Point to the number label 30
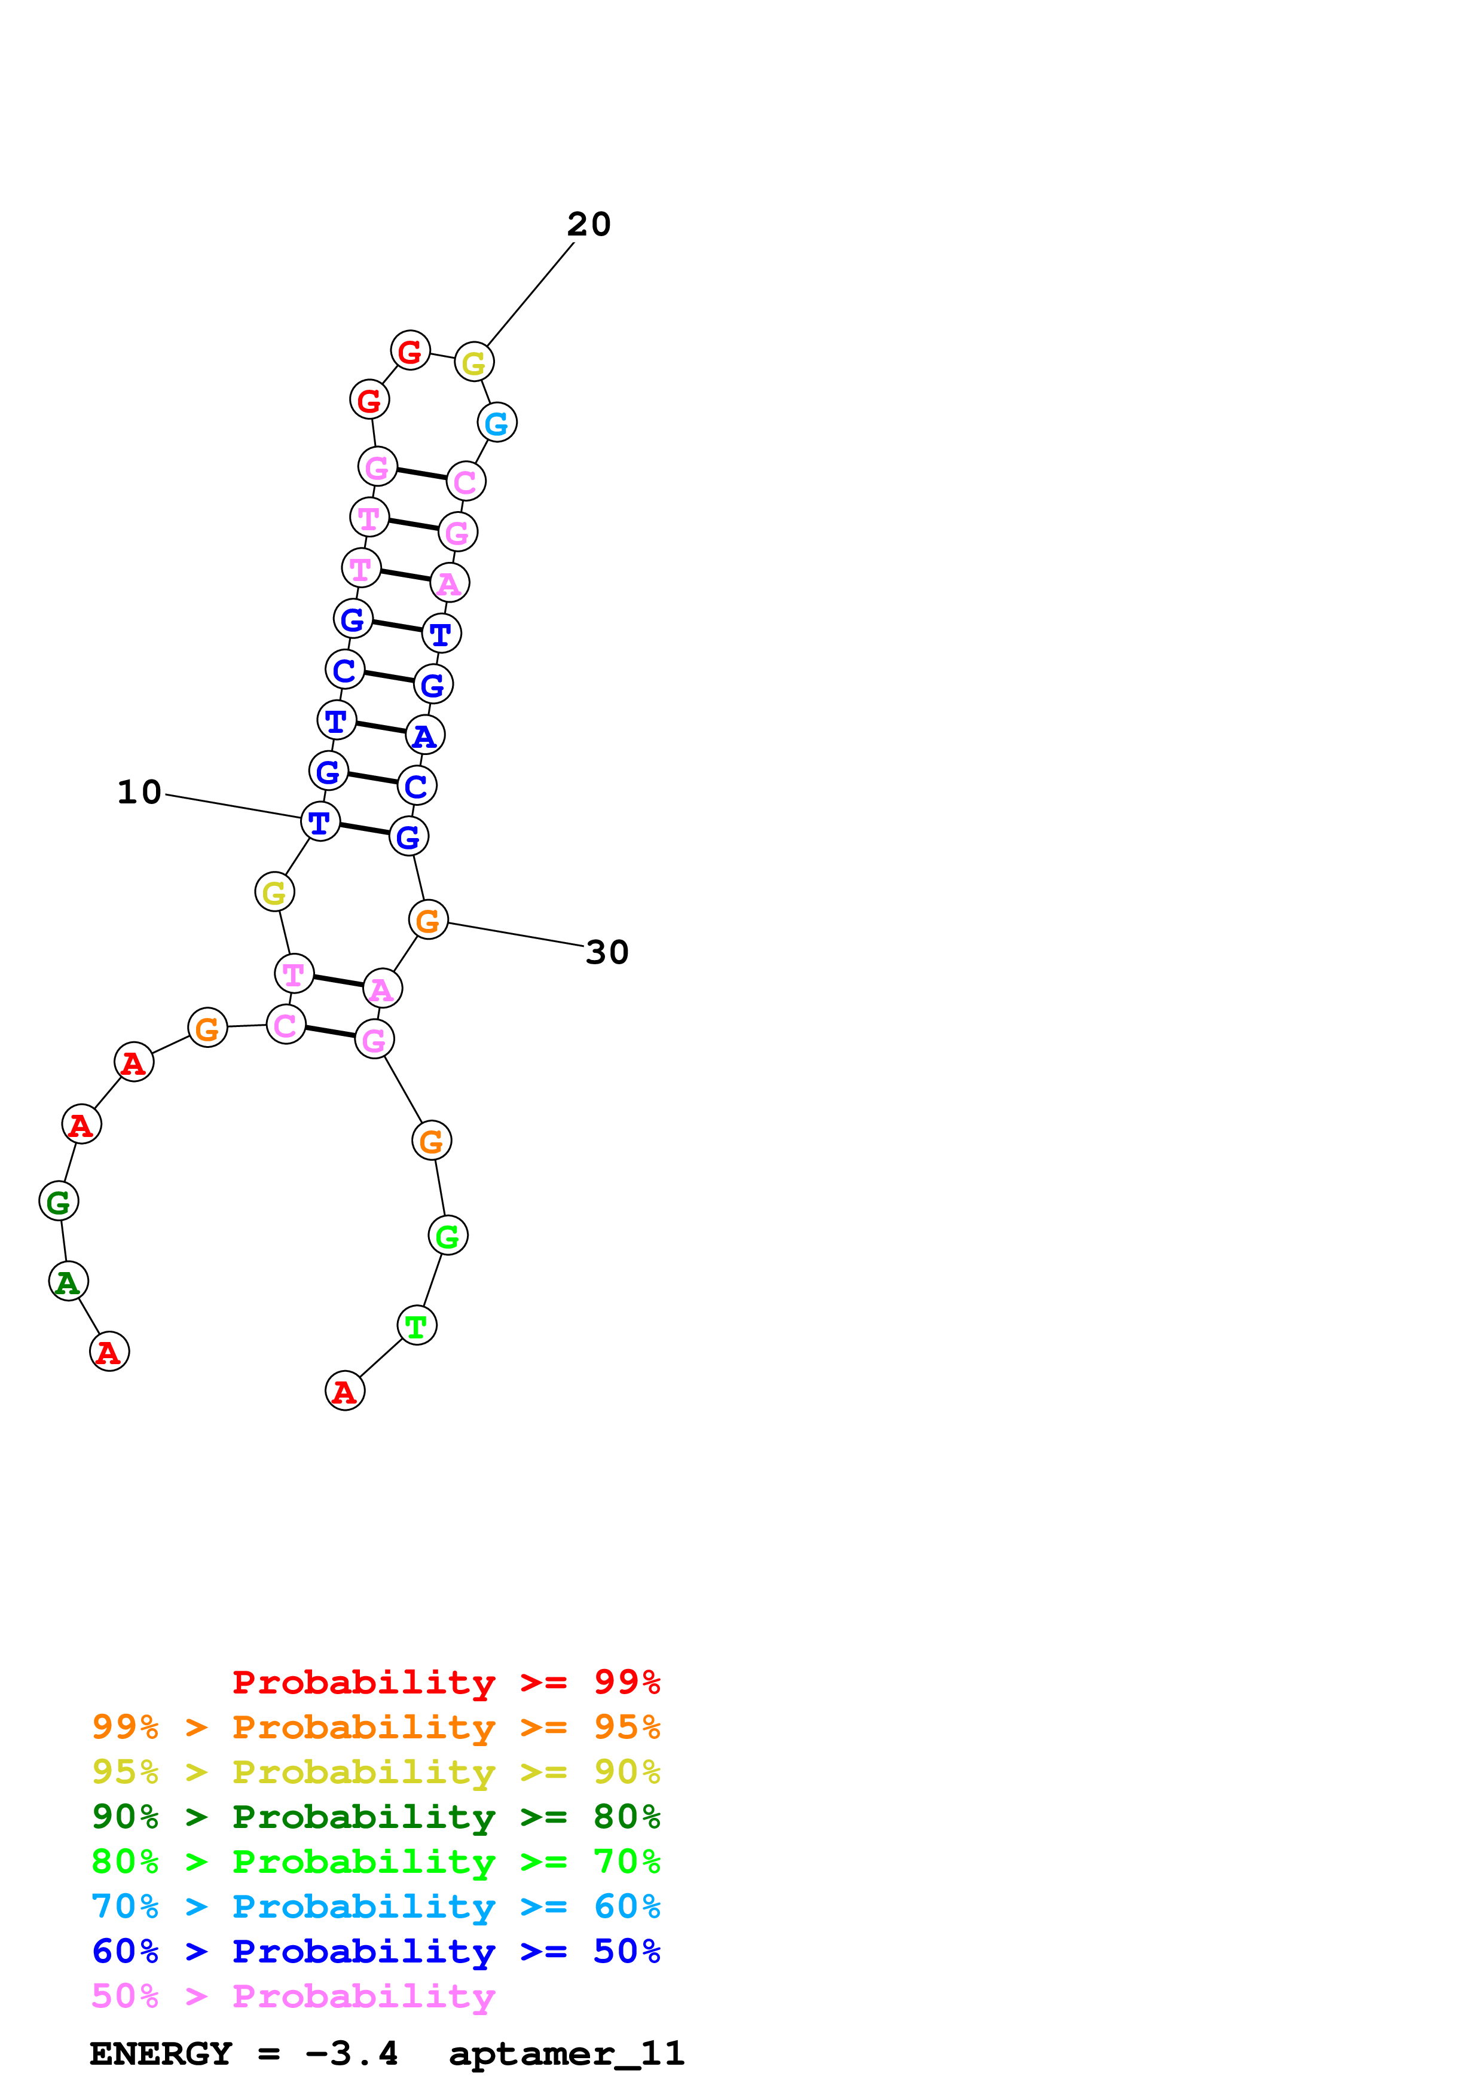(607, 953)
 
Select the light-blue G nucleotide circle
(497, 423)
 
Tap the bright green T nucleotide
(417, 1325)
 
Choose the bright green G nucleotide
(447, 1236)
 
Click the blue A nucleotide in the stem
(424, 735)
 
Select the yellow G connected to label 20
(474, 363)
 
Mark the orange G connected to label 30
(428, 920)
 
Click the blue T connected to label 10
(320, 822)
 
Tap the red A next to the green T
(344, 1391)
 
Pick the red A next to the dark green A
(109, 1352)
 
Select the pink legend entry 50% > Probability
(292, 1997)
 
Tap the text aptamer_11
(566, 2054)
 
